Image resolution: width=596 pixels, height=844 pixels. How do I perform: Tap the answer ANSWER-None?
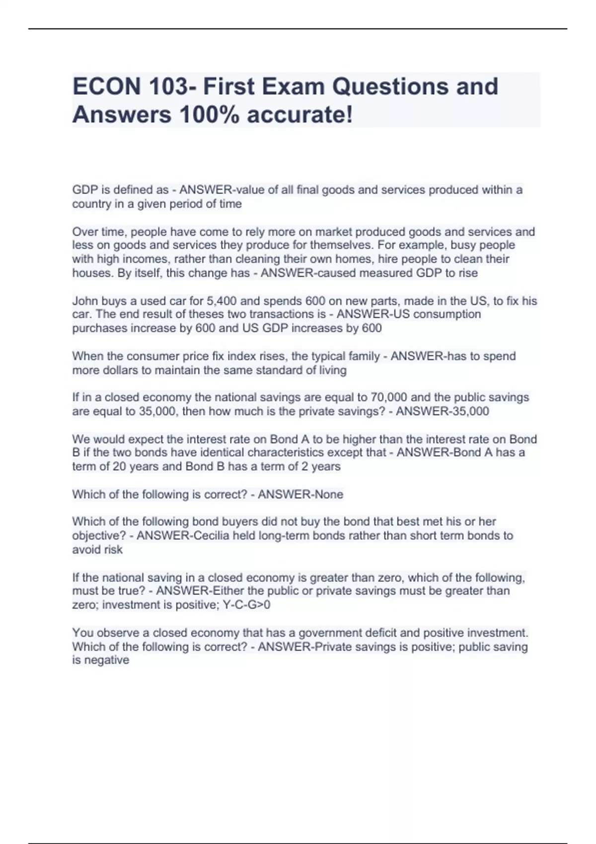tap(300, 494)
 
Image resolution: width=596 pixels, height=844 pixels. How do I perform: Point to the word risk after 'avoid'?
tap(112, 550)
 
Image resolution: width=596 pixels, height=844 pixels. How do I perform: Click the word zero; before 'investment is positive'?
tap(85, 605)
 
